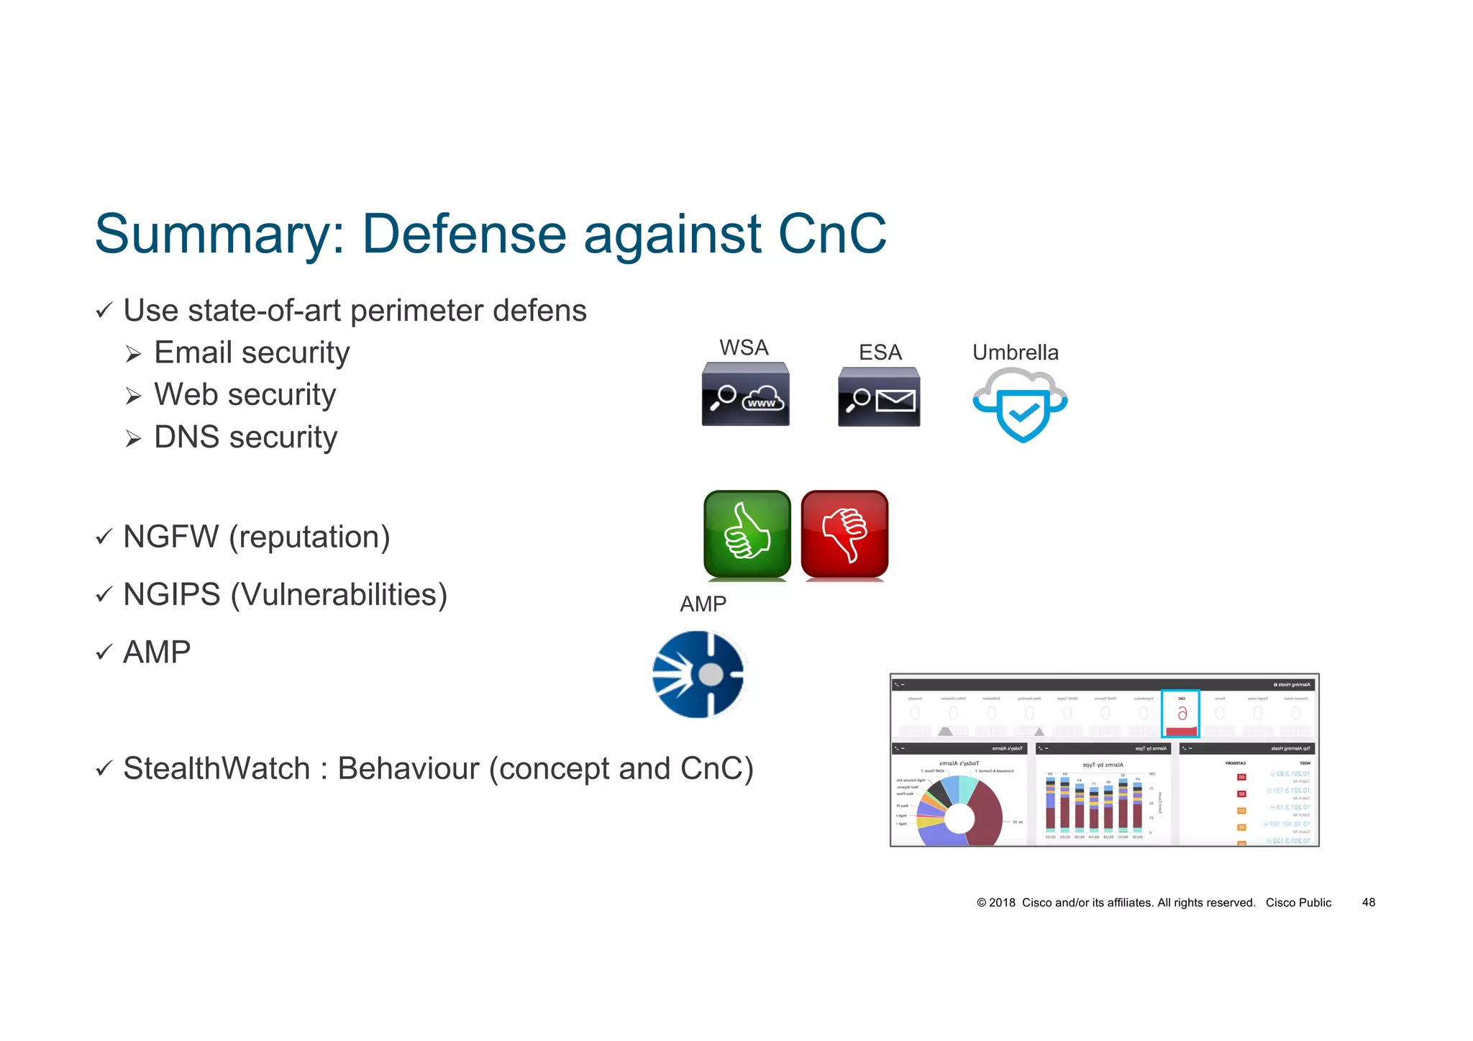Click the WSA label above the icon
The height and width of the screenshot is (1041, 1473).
tap(744, 347)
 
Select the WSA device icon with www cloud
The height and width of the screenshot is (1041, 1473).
tap(745, 394)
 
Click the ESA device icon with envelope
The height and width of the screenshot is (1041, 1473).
tap(879, 397)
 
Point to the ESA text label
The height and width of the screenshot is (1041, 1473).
tap(880, 352)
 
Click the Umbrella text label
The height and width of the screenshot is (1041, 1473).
tap(1015, 352)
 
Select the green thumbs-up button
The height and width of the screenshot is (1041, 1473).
tap(747, 535)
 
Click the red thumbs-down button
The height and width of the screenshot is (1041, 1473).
tap(844, 535)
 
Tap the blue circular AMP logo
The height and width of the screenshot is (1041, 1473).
tap(698, 674)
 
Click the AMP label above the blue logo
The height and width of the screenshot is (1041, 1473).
tap(703, 604)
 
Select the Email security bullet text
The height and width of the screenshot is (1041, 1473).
tap(252, 353)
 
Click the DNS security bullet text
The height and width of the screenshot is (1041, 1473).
tap(245, 437)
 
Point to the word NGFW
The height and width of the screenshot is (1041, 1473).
tap(170, 537)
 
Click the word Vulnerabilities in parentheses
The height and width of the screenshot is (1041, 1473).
tap(339, 594)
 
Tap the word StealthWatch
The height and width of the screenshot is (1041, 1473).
tap(216, 768)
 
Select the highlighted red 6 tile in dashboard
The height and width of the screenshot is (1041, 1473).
tap(1180, 714)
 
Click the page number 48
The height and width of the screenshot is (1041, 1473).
tap(1368, 902)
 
